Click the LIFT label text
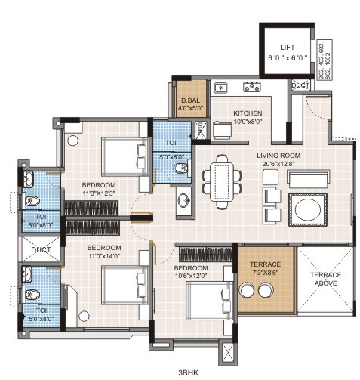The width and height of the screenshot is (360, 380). (285, 47)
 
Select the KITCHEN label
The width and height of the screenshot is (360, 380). (226, 113)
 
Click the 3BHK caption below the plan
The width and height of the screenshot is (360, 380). (189, 372)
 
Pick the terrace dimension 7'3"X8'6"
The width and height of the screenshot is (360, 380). (265, 274)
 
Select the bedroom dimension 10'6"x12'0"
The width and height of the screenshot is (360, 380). (192, 275)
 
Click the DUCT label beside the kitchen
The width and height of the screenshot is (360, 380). (300, 85)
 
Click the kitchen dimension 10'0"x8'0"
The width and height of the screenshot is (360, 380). (226, 122)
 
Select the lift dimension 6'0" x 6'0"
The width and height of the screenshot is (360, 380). (285, 57)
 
